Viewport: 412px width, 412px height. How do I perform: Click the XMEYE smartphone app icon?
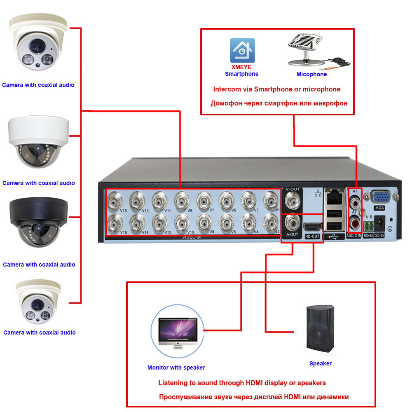(x=242, y=50)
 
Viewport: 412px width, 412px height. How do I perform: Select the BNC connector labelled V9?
(x=181, y=201)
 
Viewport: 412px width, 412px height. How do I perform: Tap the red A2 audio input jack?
(x=355, y=224)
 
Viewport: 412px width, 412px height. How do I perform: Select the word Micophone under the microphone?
(x=311, y=75)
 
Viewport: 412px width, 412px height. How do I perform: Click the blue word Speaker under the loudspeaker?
(x=321, y=363)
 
